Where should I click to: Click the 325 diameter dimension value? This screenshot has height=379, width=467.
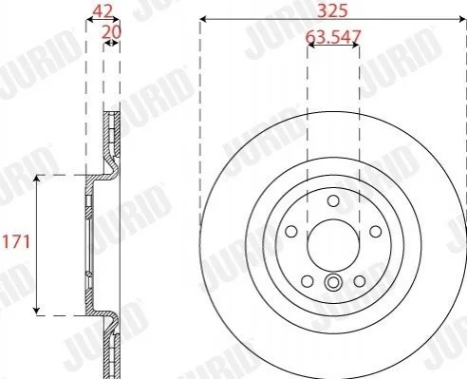[x=332, y=10]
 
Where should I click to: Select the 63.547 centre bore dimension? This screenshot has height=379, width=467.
[x=333, y=37]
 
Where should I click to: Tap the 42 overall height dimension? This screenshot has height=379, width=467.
[x=103, y=11]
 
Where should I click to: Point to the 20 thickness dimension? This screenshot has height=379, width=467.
[x=111, y=32]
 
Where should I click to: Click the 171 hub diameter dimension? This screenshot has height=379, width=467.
[x=16, y=242]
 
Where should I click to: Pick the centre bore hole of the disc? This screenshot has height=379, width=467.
[x=333, y=245]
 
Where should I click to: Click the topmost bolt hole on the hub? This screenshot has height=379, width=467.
[x=333, y=200]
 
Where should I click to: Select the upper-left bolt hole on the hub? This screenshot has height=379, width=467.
[x=290, y=232]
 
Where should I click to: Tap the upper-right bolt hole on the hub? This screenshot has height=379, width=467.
[x=376, y=232]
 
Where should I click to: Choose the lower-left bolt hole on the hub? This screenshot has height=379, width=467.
[x=307, y=281]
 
